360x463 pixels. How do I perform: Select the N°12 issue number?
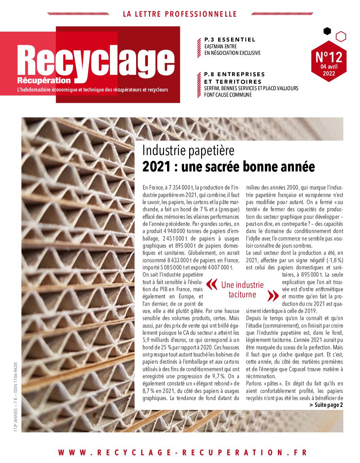329,56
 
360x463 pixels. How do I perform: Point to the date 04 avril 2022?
329,70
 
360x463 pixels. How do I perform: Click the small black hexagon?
327,31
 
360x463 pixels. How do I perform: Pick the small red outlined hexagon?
341,36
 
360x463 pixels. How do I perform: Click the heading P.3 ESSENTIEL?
230,39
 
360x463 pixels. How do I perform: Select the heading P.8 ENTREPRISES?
234,74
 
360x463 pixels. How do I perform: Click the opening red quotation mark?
212,284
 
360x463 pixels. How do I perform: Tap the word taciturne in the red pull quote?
242,295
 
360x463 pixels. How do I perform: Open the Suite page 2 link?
326,405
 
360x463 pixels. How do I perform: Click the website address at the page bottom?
182,452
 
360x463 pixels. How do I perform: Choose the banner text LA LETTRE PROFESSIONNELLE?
180,14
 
